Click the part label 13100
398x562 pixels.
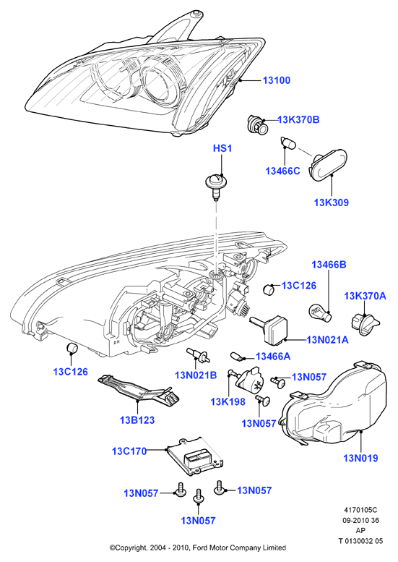tap(277, 80)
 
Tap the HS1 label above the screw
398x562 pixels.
tap(222, 148)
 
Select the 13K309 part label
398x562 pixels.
tap(331, 203)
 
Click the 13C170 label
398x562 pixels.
tap(129, 451)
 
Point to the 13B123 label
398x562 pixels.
tap(137, 420)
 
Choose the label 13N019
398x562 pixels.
tap(360, 458)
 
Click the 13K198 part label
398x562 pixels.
tap(228, 401)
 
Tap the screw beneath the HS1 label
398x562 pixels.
tap(215, 185)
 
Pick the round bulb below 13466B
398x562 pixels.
tap(320, 313)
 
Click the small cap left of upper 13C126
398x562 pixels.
tap(269, 289)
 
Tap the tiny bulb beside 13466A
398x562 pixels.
tap(238, 357)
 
